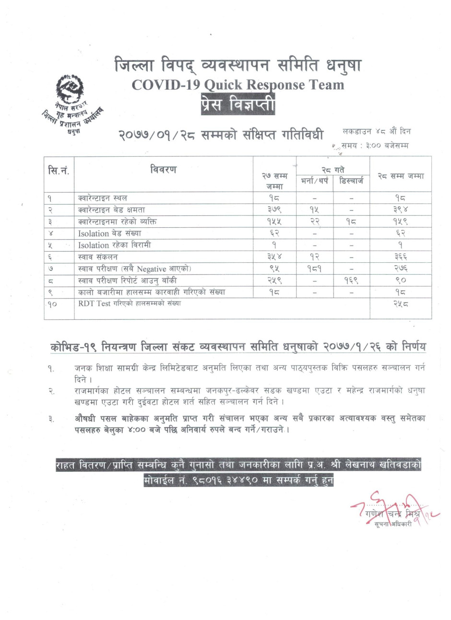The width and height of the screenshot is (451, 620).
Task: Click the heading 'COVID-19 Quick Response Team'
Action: point(238,85)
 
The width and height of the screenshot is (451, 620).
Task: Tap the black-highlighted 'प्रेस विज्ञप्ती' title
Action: point(238,104)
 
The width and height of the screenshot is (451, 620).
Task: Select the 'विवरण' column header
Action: point(163,169)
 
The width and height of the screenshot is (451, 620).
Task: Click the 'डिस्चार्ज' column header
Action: point(351,181)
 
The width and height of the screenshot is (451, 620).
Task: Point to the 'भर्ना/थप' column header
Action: point(314,181)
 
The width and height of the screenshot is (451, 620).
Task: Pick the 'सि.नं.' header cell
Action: point(59,170)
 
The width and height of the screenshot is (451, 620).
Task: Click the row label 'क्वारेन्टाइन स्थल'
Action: point(103,198)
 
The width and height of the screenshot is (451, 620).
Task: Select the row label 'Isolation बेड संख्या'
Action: point(110,233)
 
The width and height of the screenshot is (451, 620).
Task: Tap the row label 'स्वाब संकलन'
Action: point(98,257)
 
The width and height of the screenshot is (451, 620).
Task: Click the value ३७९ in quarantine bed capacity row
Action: point(274,210)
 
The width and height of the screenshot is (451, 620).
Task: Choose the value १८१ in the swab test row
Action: point(314,268)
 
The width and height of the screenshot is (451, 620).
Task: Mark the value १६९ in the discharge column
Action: point(351,280)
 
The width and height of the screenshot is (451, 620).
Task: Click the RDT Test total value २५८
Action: point(400,304)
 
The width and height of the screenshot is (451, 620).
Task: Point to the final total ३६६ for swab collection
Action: point(400,257)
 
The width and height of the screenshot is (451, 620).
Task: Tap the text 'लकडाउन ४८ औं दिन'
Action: point(377,131)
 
